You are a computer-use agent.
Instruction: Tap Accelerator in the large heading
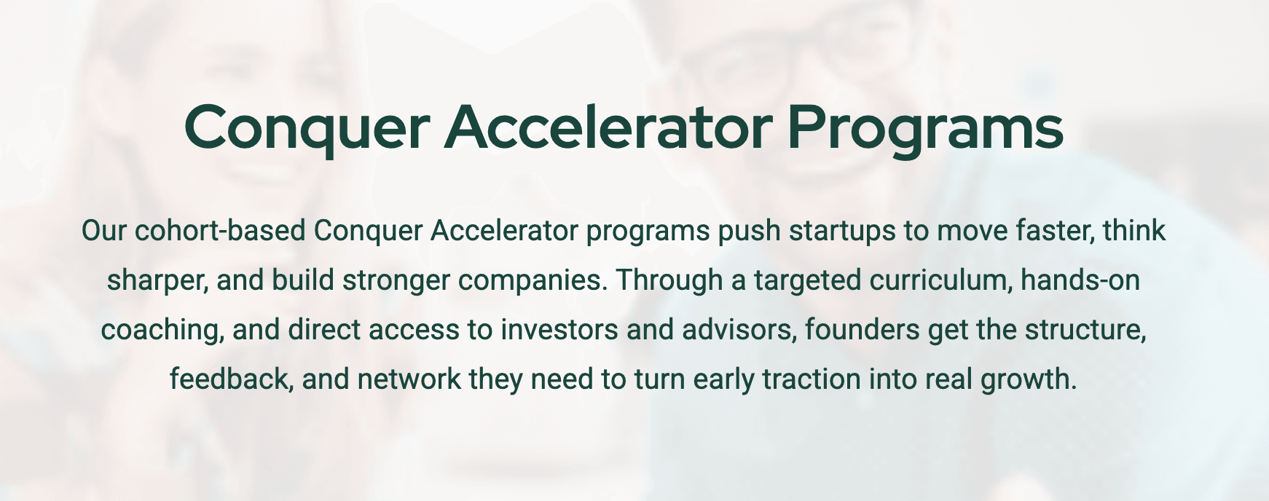point(608,127)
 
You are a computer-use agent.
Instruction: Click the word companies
point(533,280)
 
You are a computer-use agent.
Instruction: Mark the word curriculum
point(940,280)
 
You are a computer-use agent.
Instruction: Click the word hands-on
point(1080,280)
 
